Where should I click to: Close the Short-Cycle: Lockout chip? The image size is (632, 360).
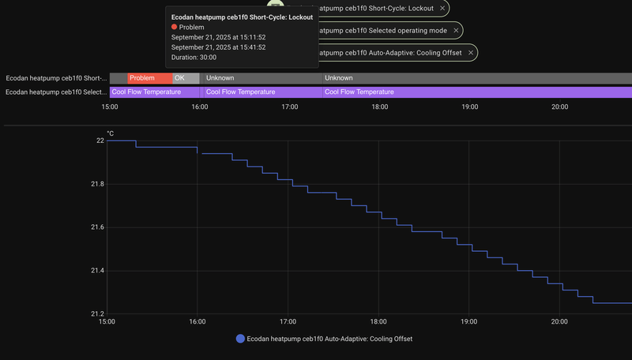click(442, 8)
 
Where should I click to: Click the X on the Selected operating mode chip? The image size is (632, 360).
click(455, 31)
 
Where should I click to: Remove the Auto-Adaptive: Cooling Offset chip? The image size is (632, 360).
click(471, 53)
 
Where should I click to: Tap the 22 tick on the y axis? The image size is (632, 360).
click(100, 141)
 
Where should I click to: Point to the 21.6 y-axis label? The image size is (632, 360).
click(96, 227)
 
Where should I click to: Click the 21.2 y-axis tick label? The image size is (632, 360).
click(96, 314)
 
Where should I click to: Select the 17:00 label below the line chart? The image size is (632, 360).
click(288, 322)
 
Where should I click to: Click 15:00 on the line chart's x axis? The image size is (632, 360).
click(107, 322)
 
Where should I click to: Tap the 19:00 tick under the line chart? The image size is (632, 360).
click(468, 322)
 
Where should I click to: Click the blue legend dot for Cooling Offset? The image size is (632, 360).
click(240, 339)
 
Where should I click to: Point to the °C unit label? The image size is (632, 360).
click(111, 133)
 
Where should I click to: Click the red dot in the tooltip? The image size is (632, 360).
click(174, 27)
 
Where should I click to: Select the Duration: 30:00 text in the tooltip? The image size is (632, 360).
click(194, 57)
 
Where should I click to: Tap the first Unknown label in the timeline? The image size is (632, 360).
click(220, 78)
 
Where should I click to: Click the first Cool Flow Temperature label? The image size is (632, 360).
click(146, 92)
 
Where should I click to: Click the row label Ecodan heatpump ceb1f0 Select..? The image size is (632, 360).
click(55, 92)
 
